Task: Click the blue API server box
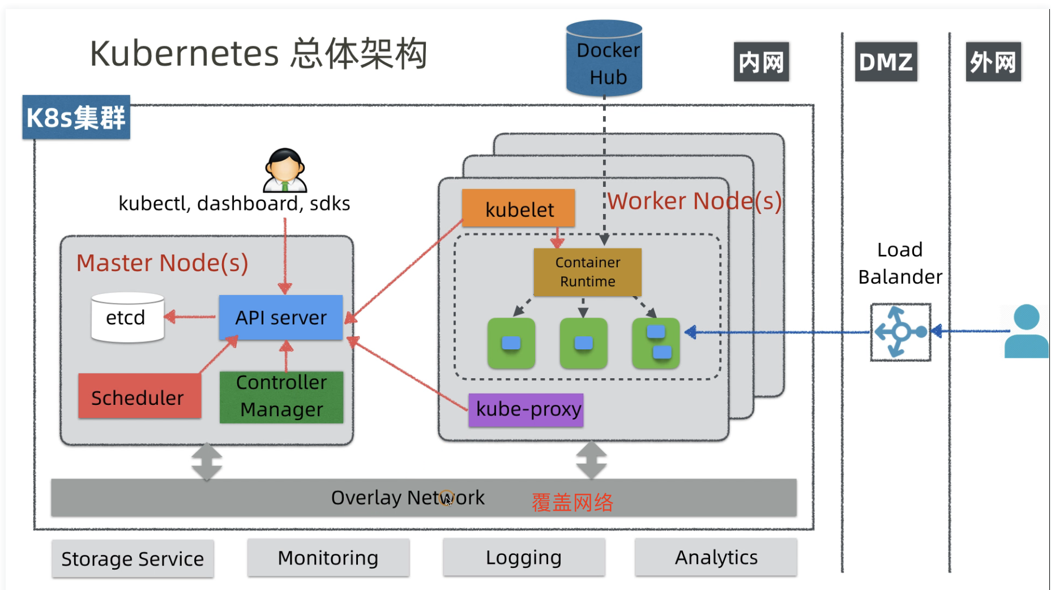coord(281,317)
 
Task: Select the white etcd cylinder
coord(127,318)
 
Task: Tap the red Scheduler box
coord(139,396)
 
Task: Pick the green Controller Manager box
coord(281,396)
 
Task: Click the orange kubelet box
coord(518,208)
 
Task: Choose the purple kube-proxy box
coord(526,409)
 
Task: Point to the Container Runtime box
coord(587,272)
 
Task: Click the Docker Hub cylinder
coord(604,58)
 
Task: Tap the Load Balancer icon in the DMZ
coord(900,332)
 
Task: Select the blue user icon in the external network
coord(1026,332)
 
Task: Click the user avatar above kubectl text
coord(285,170)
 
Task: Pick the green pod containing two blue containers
coord(656,343)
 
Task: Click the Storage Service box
coord(133,559)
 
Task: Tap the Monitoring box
coord(328,558)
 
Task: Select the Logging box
coord(524,558)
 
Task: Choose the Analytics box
coord(716,558)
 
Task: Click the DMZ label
coord(886,62)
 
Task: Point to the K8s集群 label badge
coord(76,117)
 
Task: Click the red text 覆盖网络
coord(572,502)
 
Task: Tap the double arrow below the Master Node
coord(207,462)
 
